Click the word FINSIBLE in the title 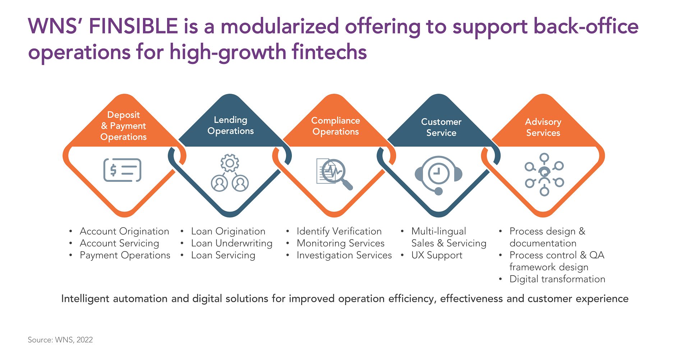(x=133, y=27)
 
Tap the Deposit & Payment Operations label (x=124, y=126)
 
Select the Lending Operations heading (x=231, y=125)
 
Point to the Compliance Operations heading (x=336, y=126)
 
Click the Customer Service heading (x=441, y=127)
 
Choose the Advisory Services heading (x=543, y=127)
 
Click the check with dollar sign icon (x=122, y=170)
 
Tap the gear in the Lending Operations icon (x=230, y=163)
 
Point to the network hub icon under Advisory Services (x=544, y=175)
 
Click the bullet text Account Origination (x=124, y=231)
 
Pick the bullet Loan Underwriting (x=232, y=244)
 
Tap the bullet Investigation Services (x=344, y=255)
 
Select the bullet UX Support (x=437, y=255)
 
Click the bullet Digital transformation (x=557, y=279)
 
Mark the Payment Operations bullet (x=125, y=255)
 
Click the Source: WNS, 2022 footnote (x=60, y=340)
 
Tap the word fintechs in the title (x=329, y=52)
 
